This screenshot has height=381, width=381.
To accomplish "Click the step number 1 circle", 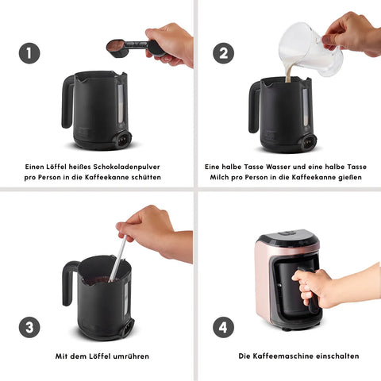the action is point(29,53).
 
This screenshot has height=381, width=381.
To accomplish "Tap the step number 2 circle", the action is point(223,53).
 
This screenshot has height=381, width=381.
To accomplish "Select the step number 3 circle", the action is point(29,327).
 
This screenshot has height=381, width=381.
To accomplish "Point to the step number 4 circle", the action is point(223,327).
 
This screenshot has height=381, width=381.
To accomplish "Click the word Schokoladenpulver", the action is point(127,167).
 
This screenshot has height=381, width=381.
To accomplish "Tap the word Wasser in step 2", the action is point(279,167).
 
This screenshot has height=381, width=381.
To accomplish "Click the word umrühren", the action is point(131,356).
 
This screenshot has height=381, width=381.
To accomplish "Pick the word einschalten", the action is point(338,356).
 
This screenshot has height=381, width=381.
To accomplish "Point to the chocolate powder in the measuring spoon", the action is point(115,44).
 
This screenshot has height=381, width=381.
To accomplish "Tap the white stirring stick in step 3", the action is point(117,259).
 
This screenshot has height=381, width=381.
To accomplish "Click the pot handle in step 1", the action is point(67,102).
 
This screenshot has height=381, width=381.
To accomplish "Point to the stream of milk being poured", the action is point(289,72).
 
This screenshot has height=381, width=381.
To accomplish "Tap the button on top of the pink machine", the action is point(287,233).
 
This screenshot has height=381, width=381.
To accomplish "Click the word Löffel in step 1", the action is point(55,167).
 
